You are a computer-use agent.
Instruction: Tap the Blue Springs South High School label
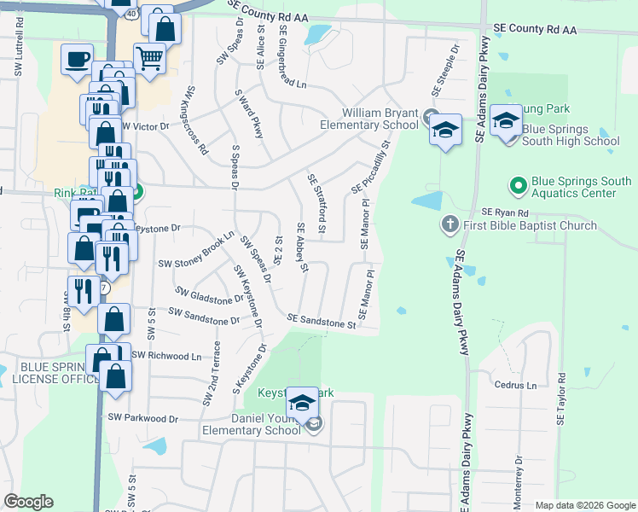pos(571,135)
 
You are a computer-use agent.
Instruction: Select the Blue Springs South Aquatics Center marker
pos(518,184)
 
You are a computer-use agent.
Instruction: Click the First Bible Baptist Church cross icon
pos(450,225)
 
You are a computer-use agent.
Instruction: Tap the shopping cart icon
pos(149,58)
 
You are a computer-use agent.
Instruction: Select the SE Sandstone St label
pos(321,321)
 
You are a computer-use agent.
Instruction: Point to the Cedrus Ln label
pos(515,385)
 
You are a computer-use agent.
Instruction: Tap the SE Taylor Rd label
pos(562,399)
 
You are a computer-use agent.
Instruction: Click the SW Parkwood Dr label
pos(142,418)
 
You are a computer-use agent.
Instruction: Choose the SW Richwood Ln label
pos(166,355)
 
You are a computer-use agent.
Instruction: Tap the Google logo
pos(28,502)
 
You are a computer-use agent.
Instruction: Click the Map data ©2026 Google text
pos(584,506)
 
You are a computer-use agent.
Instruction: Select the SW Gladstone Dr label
pos(206,297)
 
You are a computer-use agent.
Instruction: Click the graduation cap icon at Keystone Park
pos(301,401)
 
